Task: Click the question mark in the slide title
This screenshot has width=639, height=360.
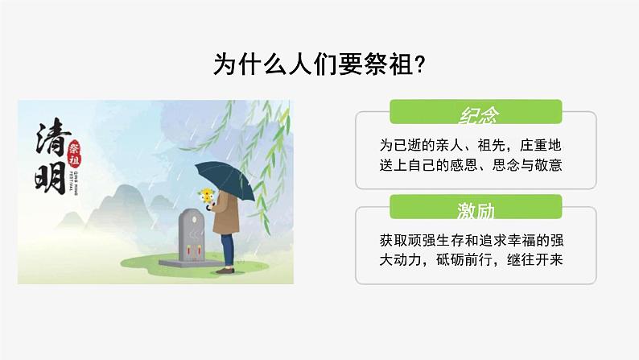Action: (418, 64)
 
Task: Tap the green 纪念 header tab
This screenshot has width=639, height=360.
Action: (475, 115)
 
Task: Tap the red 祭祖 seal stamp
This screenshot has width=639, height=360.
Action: (76, 151)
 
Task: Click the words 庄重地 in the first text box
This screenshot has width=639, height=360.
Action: (550, 147)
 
